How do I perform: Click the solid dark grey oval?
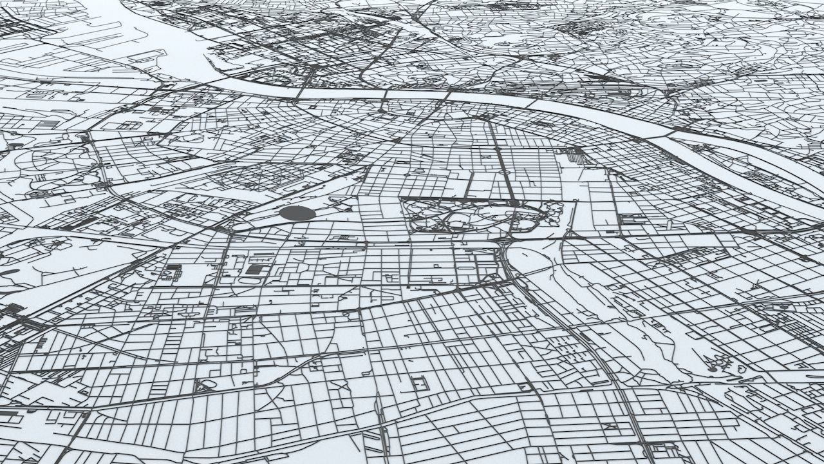(x=297, y=213)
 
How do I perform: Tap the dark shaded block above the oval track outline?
(x=256, y=269)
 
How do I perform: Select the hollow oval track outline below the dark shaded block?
(x=252, y=281)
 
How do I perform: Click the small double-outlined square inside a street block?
(x=421, y=383)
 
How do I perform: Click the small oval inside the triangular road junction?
(x=207, y=385)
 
